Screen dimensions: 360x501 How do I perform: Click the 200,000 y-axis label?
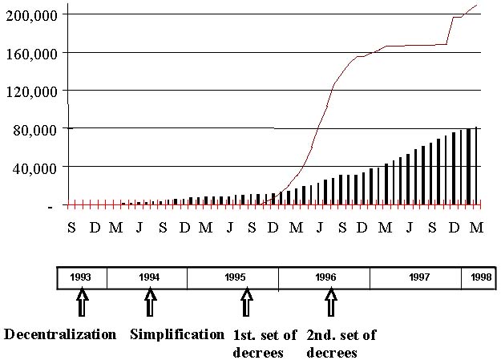click(x=32, y=15)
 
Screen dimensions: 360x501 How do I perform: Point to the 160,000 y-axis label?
click(x=32, y=53)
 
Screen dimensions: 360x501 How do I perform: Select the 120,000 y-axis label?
click(x=32, y=91)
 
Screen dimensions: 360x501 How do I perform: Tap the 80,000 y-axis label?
click(x=37, y=130)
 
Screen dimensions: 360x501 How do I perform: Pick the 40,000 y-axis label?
click(x=37, y=168)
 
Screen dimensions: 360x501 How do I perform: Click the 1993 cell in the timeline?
click(x=81, y=277)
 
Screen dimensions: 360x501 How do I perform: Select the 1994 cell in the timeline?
click(x=148, y=277)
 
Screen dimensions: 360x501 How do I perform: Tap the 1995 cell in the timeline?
click(x=234, y=277)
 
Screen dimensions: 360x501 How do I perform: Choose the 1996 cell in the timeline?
click(x=325, y=277)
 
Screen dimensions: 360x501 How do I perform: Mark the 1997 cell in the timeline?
click(x=415, y=277)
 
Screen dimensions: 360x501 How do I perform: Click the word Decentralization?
click(x=61, y=334)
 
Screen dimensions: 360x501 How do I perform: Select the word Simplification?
click(x=177, y=334)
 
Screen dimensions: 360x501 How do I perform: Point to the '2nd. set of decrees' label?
click(x=341, y=343)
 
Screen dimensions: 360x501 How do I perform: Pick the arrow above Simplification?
click(x=149, y=305)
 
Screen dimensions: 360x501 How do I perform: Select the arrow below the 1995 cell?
click(x=246, y=305)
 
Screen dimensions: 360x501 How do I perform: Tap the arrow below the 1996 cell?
click(x=330, y=305)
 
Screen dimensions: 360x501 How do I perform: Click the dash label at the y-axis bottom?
click(x=51, y=206)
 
